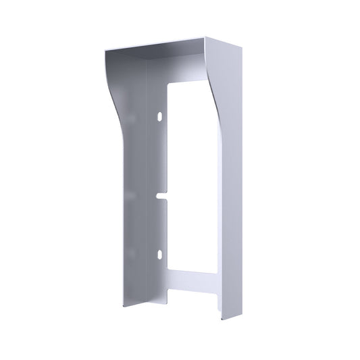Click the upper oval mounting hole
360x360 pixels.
(159, 117)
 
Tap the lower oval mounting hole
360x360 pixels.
(159, 255)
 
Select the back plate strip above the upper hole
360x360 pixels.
(160, 88)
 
